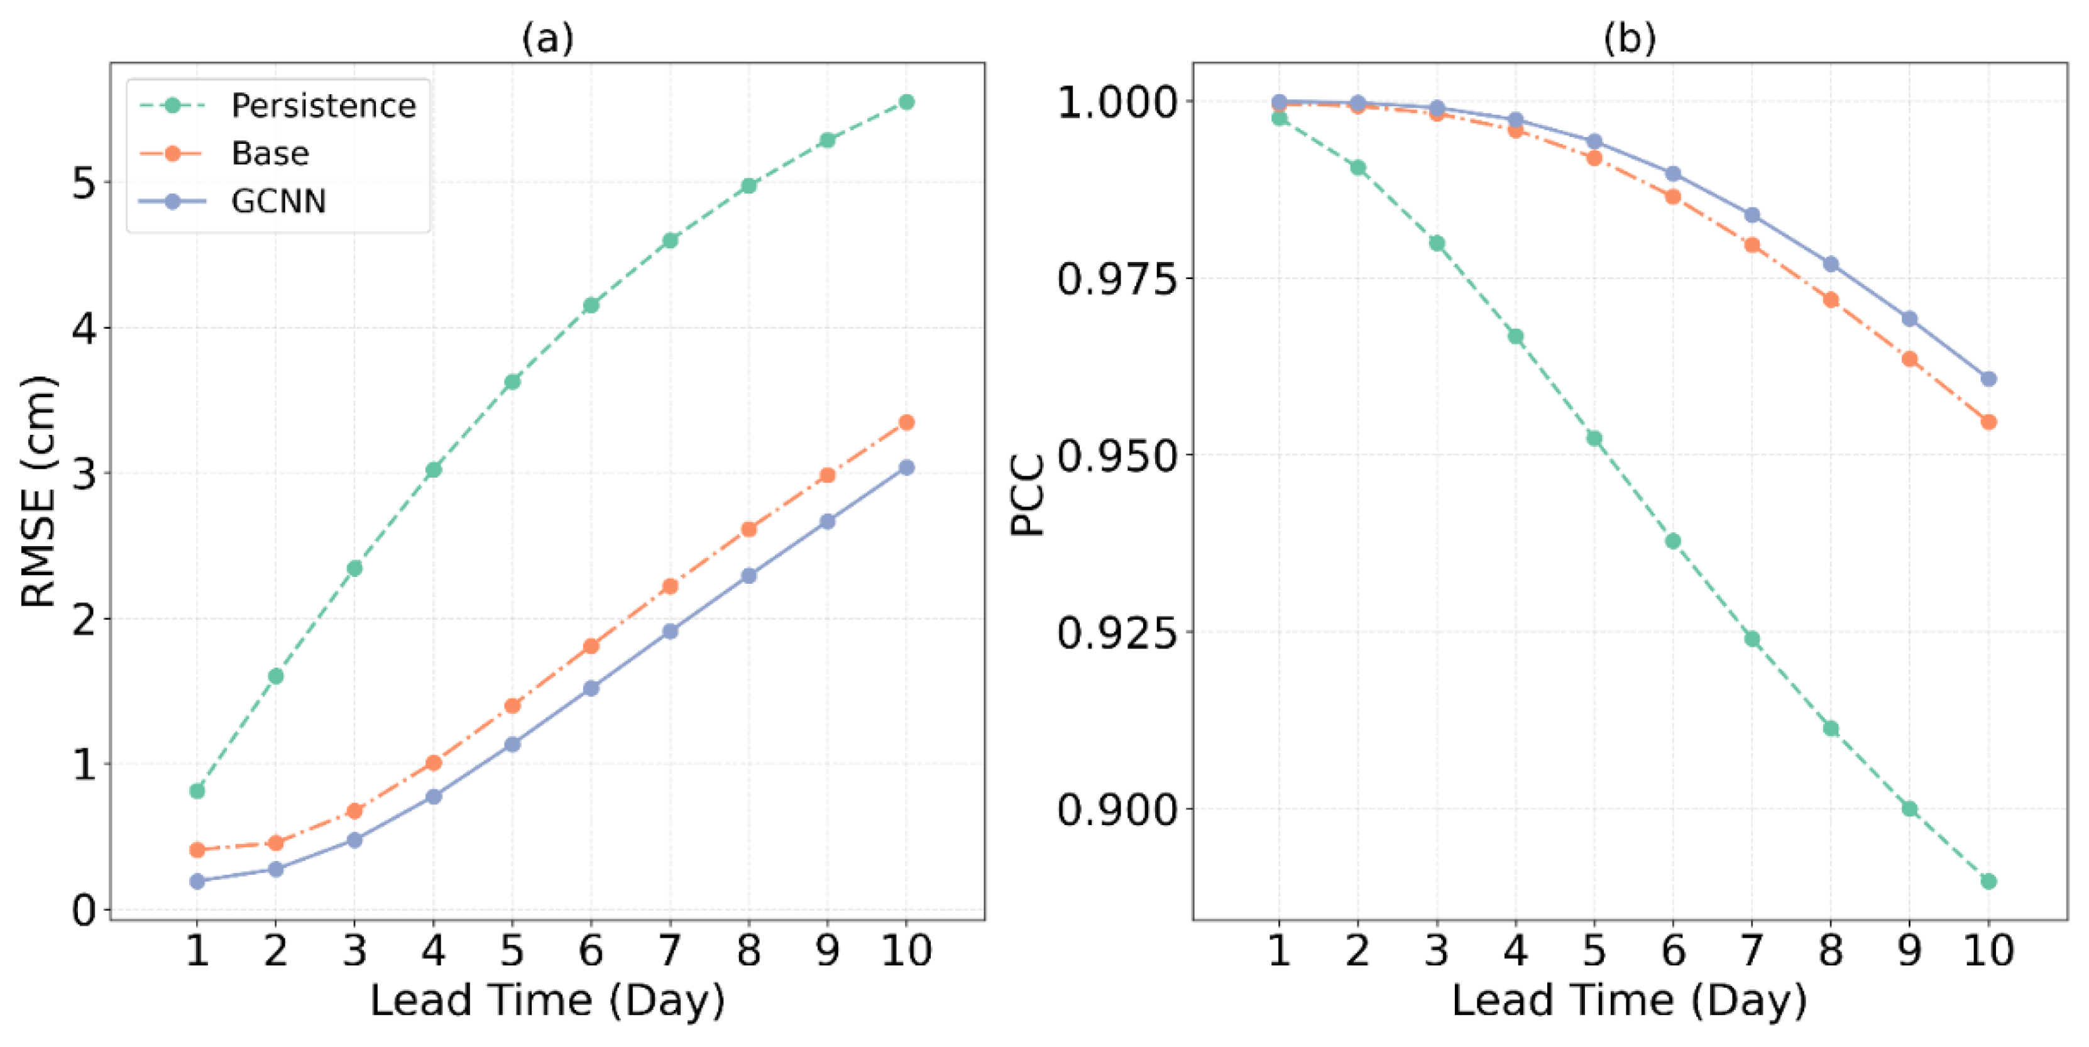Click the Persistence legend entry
tap(323, 106)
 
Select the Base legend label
tap(270, 153)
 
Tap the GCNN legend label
tap(278, 201)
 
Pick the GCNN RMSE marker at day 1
tap(197, 880)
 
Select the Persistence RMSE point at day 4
tap(434, 469)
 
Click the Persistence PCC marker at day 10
tap(1988, 880)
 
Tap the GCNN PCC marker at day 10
tap(1988, 379)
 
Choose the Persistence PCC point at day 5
tap(1594, 439)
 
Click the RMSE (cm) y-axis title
tap(38, 491)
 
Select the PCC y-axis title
tap(1028, 494)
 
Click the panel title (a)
tap(547, 38)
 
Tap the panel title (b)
tap(1629, 38)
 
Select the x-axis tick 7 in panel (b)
tap(1752, 950)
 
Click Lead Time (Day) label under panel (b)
tap(1629, 1000)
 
